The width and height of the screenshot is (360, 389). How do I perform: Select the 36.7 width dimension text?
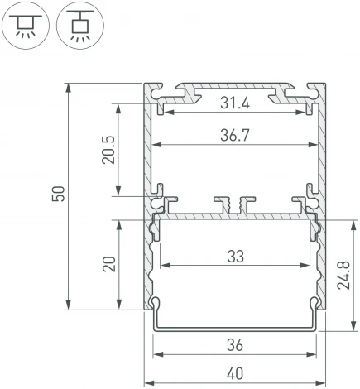click(x=236, y=134)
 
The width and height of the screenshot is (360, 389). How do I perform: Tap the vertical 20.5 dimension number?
click(x=108, y=151)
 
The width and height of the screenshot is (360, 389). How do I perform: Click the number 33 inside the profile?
click(x=236, y=257)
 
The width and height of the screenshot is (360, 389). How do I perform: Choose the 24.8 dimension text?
click(x=347, y=274)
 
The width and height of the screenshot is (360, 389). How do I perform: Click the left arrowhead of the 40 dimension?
click(x=148, y=382)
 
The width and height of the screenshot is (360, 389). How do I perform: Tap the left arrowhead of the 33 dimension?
click(x=162, y=267)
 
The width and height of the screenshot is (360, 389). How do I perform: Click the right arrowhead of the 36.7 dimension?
click(x=316, y=144)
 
